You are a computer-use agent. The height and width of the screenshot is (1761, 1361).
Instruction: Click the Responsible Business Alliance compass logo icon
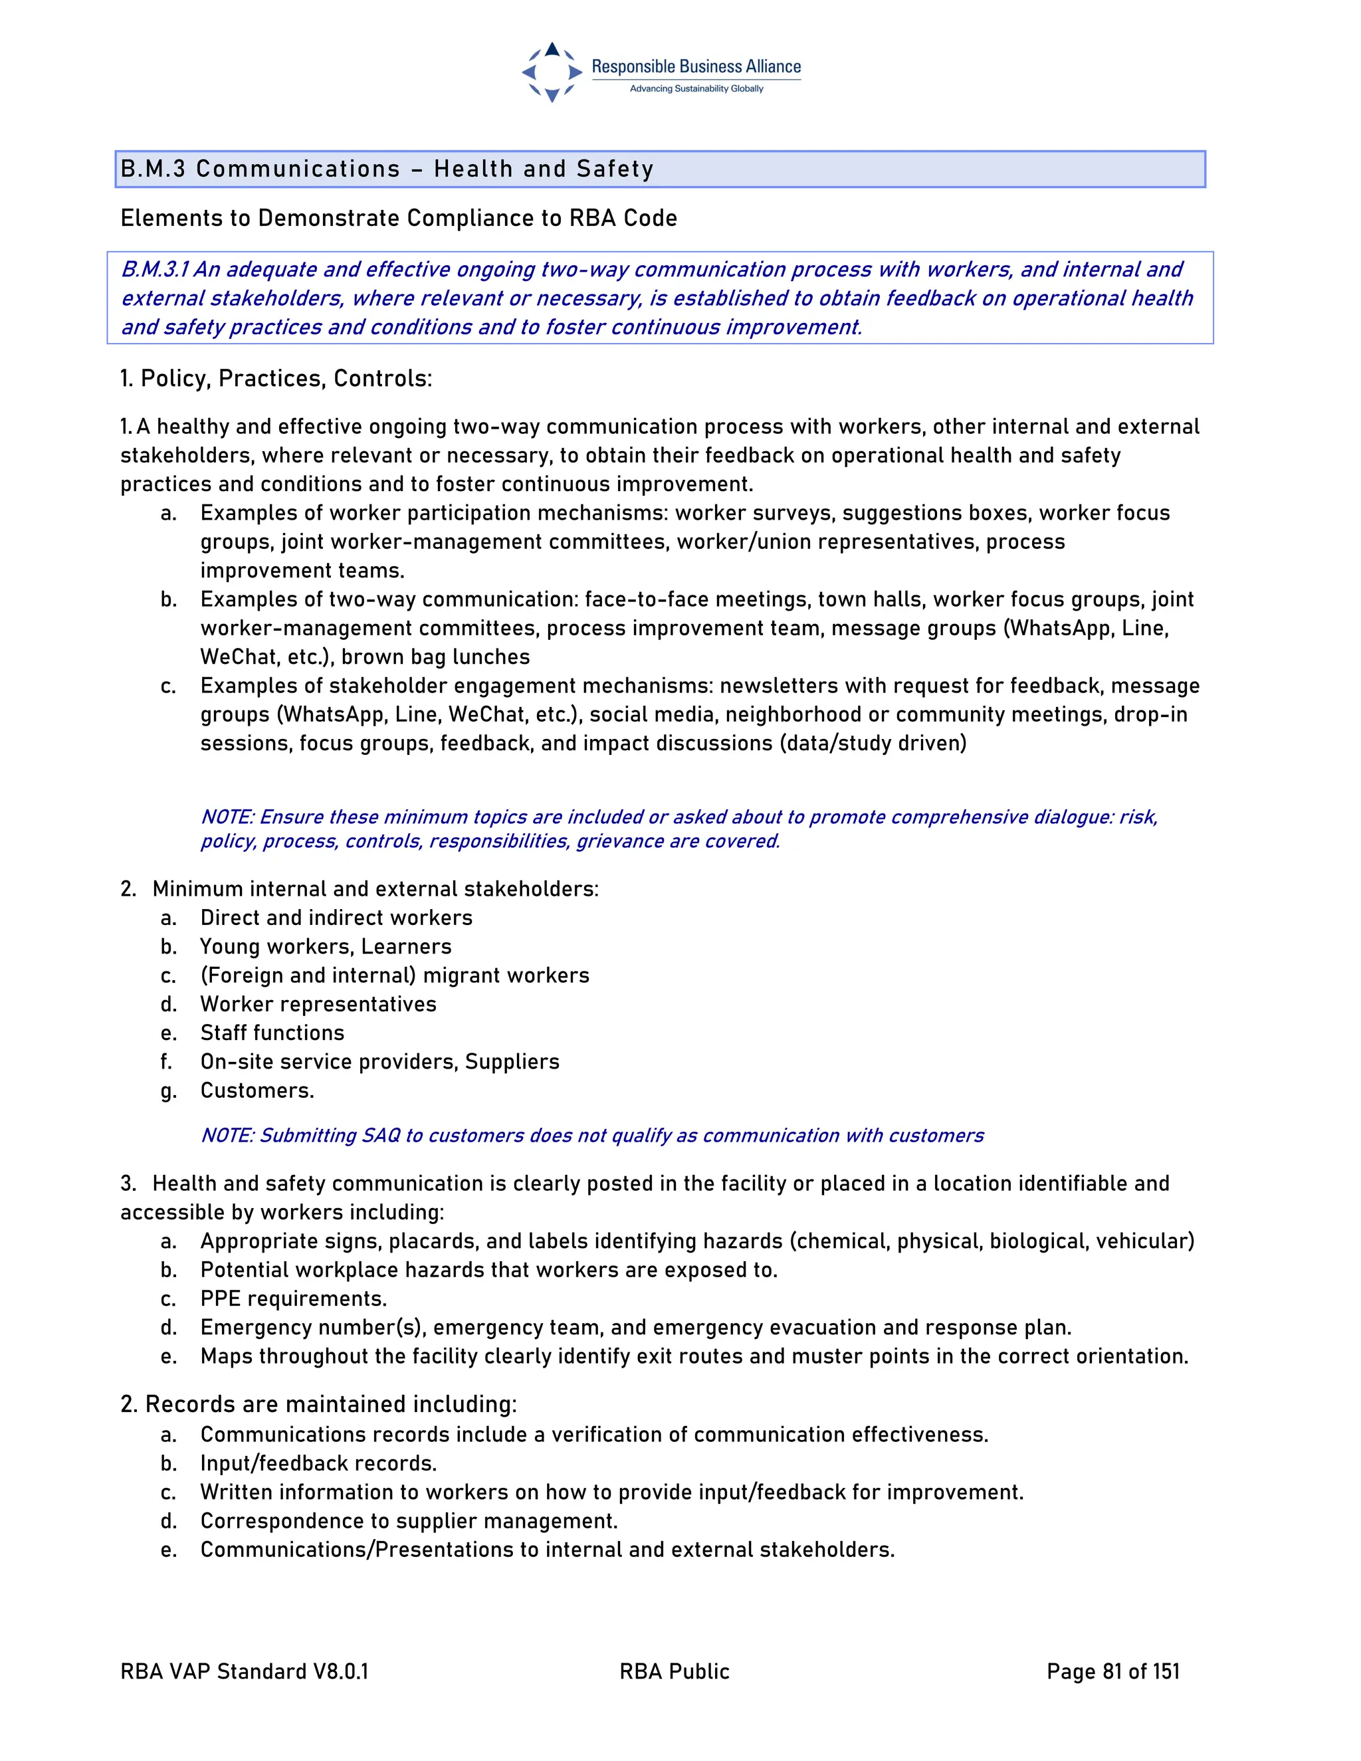552,72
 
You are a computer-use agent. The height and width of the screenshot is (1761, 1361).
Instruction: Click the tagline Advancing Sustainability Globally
696,88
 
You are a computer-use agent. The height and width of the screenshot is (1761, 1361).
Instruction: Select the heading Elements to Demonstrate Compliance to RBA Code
398,218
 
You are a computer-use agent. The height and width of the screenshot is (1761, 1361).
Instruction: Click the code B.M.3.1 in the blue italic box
154,269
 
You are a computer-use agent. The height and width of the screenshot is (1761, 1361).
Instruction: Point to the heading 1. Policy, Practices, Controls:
276,378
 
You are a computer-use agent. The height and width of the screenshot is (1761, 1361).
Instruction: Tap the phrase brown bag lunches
435,657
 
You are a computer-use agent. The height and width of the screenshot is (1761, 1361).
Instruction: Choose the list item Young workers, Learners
326,946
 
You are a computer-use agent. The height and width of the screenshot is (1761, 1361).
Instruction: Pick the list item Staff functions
272,1033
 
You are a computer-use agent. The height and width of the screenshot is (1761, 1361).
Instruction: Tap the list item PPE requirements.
294,1298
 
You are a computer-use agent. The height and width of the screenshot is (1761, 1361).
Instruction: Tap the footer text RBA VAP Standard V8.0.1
245,1671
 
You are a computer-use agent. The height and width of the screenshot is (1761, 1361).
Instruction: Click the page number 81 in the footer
1112,1671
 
